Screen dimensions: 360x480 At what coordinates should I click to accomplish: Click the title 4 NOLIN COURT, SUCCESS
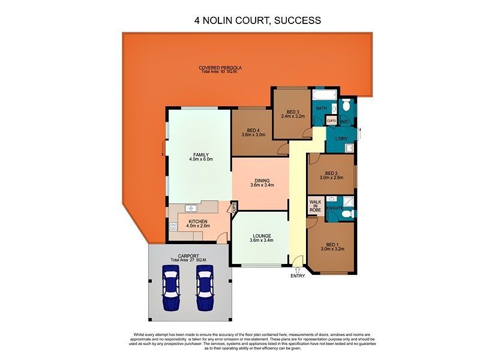[257, 20]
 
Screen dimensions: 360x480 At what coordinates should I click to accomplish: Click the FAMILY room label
[200, 155]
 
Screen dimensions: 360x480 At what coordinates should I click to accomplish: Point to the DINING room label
[262, 180]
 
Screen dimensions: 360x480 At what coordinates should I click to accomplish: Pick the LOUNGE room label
[262, 236]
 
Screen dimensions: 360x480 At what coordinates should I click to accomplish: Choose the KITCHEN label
[198, 221]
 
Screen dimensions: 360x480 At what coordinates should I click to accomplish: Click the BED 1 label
[332, 244]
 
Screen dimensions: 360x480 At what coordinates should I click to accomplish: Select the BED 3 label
[293, 112]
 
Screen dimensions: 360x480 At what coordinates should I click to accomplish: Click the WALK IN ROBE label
[316, 206]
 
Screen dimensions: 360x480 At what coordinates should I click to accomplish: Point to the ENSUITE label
[335, 208]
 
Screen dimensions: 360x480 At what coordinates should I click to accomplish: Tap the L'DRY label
[341, 139]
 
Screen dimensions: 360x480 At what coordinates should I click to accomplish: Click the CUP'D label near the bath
[331, 121]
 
